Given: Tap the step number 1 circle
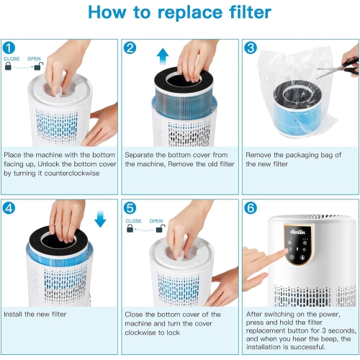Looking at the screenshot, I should coord(12,48).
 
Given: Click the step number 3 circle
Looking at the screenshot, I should coord(251,48).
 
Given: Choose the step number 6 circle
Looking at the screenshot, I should coord(251,209).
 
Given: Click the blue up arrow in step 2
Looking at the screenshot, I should coord(162,55).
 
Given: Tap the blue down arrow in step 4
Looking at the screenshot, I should coord(100,218).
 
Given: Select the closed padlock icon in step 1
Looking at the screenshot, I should coord(9,66).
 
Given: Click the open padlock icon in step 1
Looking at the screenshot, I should coord(38,66).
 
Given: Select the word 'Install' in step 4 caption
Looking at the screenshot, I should coord(15,315).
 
